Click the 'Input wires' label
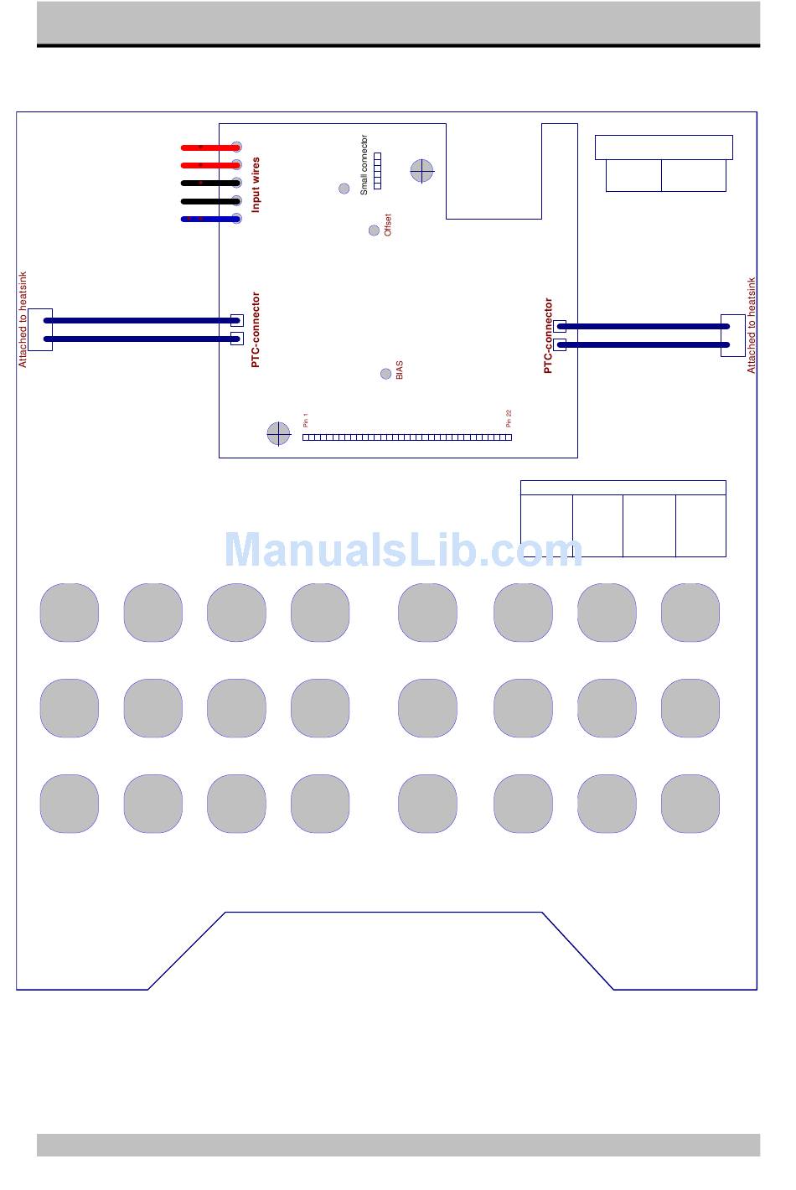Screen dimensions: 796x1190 256,184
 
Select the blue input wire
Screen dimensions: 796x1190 210,220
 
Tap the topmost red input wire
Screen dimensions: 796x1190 210,147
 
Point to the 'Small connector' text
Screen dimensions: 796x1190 364,165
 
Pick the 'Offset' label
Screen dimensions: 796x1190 388,225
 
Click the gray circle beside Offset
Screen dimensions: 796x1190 374,230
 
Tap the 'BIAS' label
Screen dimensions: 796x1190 399,370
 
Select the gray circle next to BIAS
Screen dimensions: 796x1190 385,374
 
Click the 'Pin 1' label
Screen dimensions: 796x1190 306,420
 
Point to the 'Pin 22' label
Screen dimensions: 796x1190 509,418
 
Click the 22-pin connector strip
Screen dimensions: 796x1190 407,437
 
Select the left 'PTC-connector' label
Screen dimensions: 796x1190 256,329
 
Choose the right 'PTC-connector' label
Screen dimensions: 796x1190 548,335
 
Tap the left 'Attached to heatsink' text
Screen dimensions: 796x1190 23,318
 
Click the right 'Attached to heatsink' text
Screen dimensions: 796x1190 751,325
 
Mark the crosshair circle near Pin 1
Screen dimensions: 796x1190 278,433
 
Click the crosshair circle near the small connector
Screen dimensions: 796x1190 421,171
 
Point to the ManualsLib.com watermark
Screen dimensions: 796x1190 403,551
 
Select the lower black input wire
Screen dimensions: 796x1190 210,201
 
